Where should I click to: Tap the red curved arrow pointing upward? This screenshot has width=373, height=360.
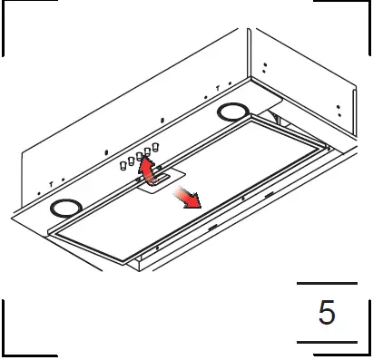pos(144,169)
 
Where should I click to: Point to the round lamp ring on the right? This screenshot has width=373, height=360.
pos(232,112)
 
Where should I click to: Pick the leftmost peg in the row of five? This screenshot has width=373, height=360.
pos(122,165)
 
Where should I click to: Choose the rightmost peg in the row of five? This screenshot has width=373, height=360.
pos(156,145)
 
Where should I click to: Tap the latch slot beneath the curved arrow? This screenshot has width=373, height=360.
pos(157,180)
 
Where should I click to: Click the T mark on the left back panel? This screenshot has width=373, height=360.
pos(51,183)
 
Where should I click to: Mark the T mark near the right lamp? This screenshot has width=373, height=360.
pos(218,88)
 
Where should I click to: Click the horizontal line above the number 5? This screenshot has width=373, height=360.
pos(327,284)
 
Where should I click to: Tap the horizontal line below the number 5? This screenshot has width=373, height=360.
pos(327,341)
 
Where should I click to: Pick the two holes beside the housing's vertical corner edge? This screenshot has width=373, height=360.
pos(264,67)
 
